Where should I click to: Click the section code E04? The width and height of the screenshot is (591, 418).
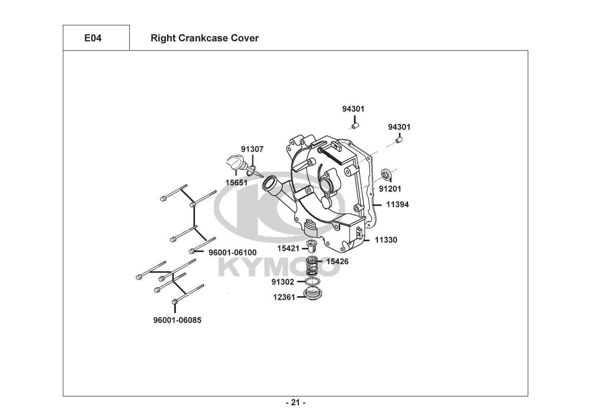(x=93, y=38)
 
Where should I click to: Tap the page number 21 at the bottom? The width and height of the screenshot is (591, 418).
(x=296, y=403)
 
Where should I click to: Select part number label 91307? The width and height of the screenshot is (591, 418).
(x=252, y=149)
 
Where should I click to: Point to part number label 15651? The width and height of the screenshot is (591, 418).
(x=236, y=183)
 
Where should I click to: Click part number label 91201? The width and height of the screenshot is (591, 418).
(x=390, y=189)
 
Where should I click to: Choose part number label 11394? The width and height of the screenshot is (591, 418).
(x=397, y=204)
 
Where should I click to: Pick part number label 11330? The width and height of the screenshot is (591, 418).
(x=386, y=240)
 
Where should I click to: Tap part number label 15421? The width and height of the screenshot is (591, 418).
(x=288, y=248)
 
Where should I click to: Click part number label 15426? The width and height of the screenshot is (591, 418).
(x=337, y=261)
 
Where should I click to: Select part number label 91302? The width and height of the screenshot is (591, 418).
(x=283, y=282)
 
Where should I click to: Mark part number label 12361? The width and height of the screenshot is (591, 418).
(x=284, y=297)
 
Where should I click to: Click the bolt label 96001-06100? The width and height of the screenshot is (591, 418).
(x=233, y=252)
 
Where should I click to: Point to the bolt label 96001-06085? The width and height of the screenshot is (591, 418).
(x=177, y=320)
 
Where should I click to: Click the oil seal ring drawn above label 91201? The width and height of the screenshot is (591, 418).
(x=387, y=175)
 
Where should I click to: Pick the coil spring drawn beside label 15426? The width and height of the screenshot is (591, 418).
(x=312, y=266)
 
